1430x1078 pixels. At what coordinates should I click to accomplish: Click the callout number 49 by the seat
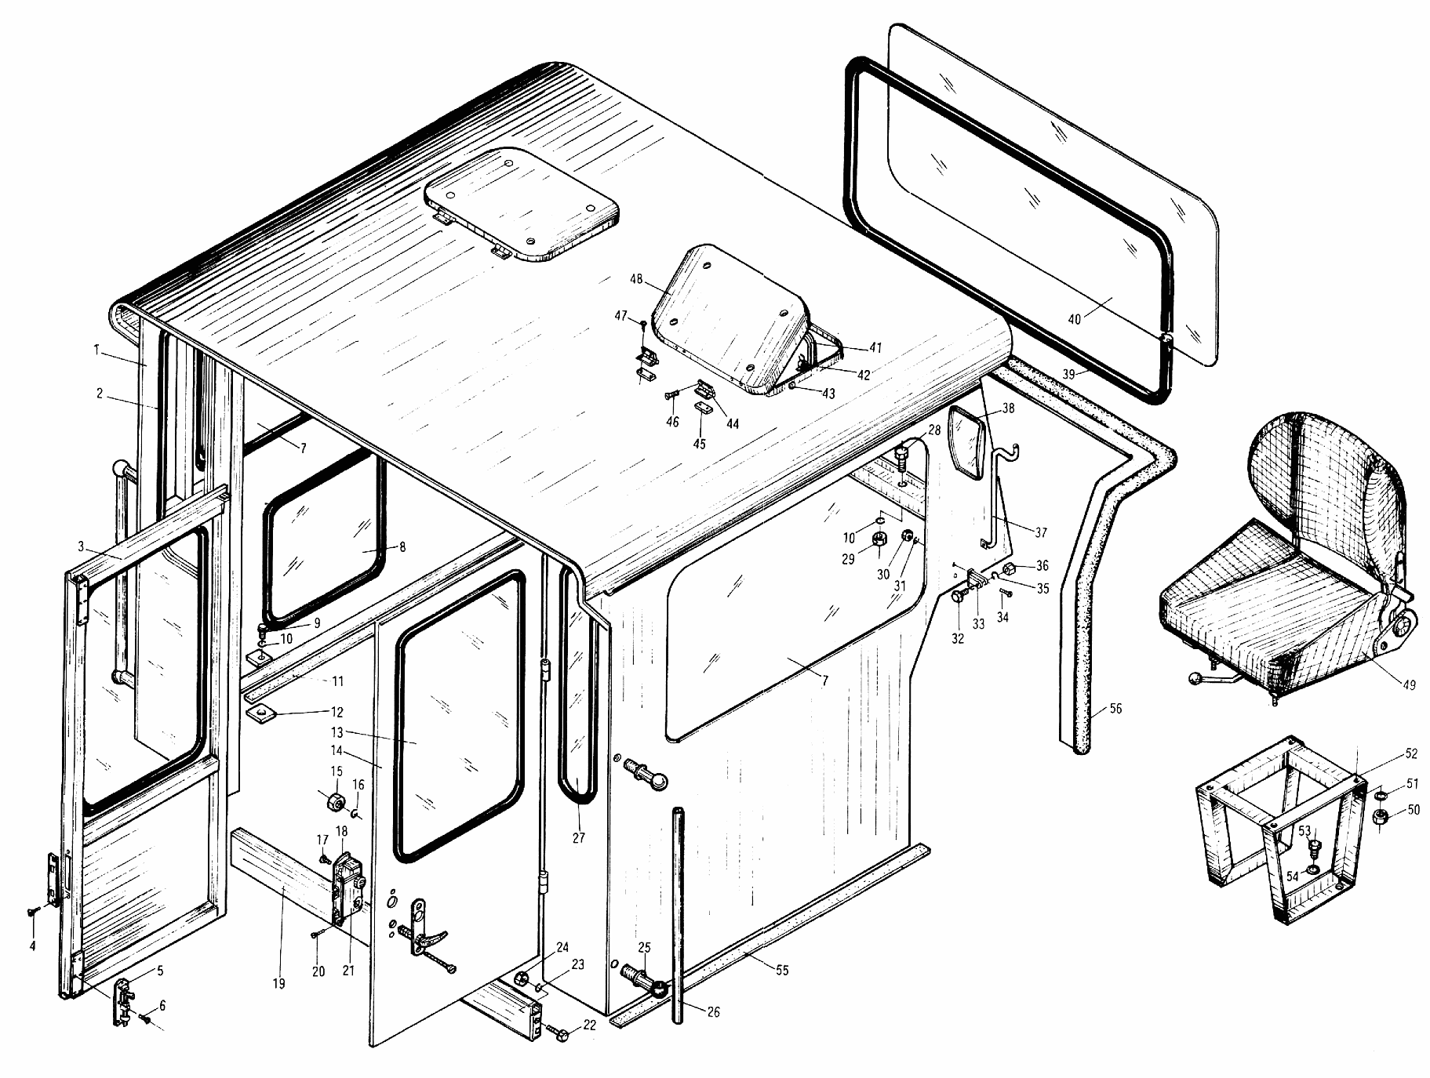point(1409,684)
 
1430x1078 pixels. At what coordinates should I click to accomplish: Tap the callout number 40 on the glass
point(1074,319)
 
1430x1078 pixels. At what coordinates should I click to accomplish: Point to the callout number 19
point(280,984)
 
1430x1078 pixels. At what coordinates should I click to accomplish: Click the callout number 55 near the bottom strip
point(782,971)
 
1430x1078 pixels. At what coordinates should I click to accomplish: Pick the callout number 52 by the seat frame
point(1411,754)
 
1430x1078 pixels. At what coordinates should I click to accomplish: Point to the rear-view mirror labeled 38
point(966,443)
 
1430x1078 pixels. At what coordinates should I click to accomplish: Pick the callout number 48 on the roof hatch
point(636,278)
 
